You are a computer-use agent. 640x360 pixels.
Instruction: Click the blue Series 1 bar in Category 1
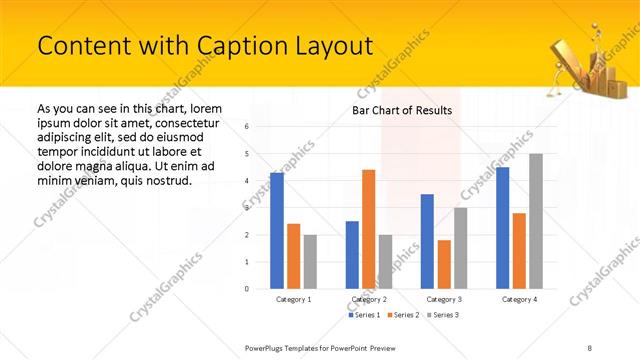[x=277, y=231]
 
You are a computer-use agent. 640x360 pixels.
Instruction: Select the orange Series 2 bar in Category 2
[x=369, y=229]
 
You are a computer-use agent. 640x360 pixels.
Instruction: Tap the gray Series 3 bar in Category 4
[x=536, y=221]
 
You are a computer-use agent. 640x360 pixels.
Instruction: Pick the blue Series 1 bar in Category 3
[x=427, y=241]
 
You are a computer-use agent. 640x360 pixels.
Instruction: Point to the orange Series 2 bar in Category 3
[x=444, y=264]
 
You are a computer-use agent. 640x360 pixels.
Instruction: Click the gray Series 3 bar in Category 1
[x=310, y=261]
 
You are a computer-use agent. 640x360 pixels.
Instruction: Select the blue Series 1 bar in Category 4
[x=502, y=228]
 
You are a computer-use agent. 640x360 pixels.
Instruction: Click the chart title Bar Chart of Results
[x=402, y=110]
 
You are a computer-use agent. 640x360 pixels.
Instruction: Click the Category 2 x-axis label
[x=369, y=299]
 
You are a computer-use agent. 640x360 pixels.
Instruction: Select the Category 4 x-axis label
[x=519, y=299]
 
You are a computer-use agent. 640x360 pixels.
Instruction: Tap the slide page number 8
[x=590, y=346]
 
